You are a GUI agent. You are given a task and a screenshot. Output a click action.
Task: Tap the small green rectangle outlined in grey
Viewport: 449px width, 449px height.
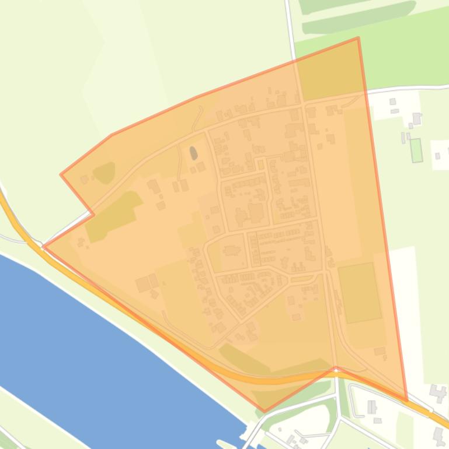click(416, 150)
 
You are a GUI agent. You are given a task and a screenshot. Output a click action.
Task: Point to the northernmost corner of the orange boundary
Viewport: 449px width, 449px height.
click(357, 38)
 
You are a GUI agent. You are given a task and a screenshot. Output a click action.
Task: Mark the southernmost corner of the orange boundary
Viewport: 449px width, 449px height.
click(264, 412)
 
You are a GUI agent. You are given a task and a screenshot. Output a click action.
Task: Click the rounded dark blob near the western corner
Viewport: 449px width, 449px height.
click(104, 173)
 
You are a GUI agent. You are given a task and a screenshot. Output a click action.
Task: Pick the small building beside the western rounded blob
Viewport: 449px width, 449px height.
click(85, 180)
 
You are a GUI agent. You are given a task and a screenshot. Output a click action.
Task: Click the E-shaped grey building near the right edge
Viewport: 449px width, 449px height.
click(437, 390)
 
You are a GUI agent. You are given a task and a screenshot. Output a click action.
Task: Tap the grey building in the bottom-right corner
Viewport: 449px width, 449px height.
click(438, 435)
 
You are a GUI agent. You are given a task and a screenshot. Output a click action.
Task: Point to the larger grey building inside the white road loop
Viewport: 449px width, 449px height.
click(371, 406)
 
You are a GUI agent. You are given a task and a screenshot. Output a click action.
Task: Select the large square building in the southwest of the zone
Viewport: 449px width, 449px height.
click(142, 285)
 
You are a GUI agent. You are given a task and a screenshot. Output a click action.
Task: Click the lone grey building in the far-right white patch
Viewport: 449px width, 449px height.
click(438, 156)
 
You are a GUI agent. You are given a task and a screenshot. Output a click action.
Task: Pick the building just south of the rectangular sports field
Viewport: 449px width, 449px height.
click(380, 352)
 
